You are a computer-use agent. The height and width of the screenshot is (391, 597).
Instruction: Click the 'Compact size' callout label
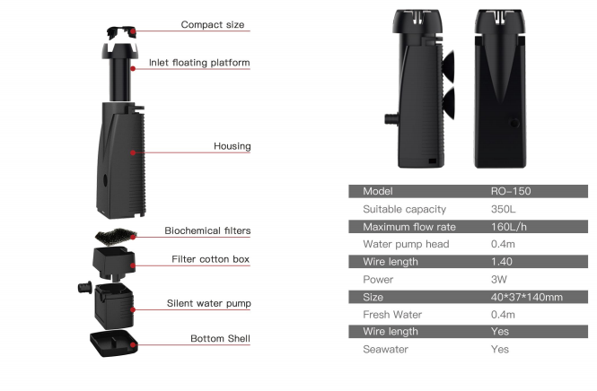(x=213, y=25)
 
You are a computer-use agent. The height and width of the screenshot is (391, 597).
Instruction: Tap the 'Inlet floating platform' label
(x=199, y=63)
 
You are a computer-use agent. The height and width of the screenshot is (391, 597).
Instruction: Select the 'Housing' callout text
(x=233, y=146)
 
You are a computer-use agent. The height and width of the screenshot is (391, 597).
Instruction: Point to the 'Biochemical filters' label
(x=207, y=230)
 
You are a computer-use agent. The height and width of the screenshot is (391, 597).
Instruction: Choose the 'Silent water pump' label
(x=208, y=303)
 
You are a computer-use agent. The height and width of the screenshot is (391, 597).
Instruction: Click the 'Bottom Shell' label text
(x=220, y=338)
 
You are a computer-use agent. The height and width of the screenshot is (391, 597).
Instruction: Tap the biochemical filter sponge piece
(x=116, y=236)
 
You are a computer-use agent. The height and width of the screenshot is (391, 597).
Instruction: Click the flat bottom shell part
(x=114, y=343)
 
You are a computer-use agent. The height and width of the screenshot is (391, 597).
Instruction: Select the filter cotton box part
(x=113, y=263)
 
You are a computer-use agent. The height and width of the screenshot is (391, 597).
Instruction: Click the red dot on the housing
(x=133, y=152)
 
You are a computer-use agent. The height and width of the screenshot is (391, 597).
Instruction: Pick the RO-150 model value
(x=511, y=191)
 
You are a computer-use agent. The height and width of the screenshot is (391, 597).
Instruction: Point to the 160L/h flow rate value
(x=509, y=227)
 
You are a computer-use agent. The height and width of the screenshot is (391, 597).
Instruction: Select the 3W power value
(x=499, y=279)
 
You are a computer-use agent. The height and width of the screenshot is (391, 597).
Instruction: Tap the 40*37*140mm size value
(x=527, y=297)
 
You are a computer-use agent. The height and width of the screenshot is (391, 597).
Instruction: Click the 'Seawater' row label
(x=385, y=349)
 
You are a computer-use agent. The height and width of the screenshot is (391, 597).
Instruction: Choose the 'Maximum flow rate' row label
(x=409, y=227)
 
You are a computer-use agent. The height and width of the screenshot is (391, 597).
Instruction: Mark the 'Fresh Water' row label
(x=392, y=314)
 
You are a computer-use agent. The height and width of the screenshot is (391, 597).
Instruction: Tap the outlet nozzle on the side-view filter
(x=391, y=118)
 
